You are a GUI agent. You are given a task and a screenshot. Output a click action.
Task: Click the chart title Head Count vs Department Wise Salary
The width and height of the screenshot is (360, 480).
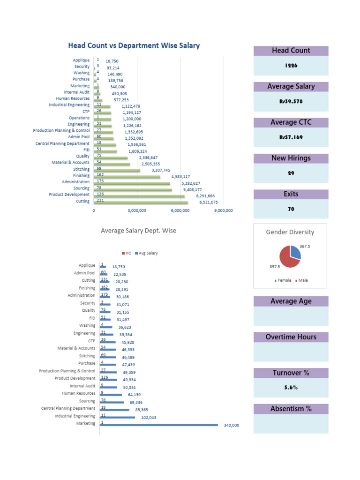pyautogui.click(x=134, y=45)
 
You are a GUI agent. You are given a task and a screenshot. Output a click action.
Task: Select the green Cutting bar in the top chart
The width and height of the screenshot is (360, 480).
pyautogui.click(x=141, y=202)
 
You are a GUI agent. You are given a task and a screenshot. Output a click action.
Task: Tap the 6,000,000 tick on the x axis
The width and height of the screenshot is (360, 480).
pyautogui.click(x=180, y=211)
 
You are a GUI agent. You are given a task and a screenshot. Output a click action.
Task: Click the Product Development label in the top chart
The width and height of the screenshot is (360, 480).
pyautogui.click(x=69, y=195)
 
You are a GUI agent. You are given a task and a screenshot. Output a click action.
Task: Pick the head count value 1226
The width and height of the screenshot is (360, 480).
pyautogui.click(x=291, y=66)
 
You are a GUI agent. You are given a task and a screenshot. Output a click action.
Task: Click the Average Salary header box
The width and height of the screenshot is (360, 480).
pyautogui.click(x=291, y=86)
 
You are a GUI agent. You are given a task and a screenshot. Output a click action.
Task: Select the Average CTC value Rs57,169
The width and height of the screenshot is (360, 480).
pyautogui.click(x=291, y=138)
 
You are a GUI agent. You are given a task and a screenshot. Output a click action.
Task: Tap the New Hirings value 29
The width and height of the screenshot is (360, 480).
pyautogui.click(x=291, y=173)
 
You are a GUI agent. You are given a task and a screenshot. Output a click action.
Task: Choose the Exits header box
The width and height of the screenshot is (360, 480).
pyautogui.click(x=291, y=194)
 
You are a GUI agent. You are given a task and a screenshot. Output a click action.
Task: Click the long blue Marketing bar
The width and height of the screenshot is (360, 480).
pyautogui.click(x=159, y=425)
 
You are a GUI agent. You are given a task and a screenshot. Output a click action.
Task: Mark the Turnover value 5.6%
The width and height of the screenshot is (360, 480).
pyautogui.click(x=291, y=388)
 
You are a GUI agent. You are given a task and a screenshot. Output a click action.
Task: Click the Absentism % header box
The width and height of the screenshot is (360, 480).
pyautogui.click(x=291, y=409)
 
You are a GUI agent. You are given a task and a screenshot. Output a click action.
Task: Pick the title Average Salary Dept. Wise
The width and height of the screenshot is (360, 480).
pyautogui.click(x=139, y=231)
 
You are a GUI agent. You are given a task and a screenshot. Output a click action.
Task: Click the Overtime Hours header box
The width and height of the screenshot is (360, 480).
pyautogui.click(x=291, y=337)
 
